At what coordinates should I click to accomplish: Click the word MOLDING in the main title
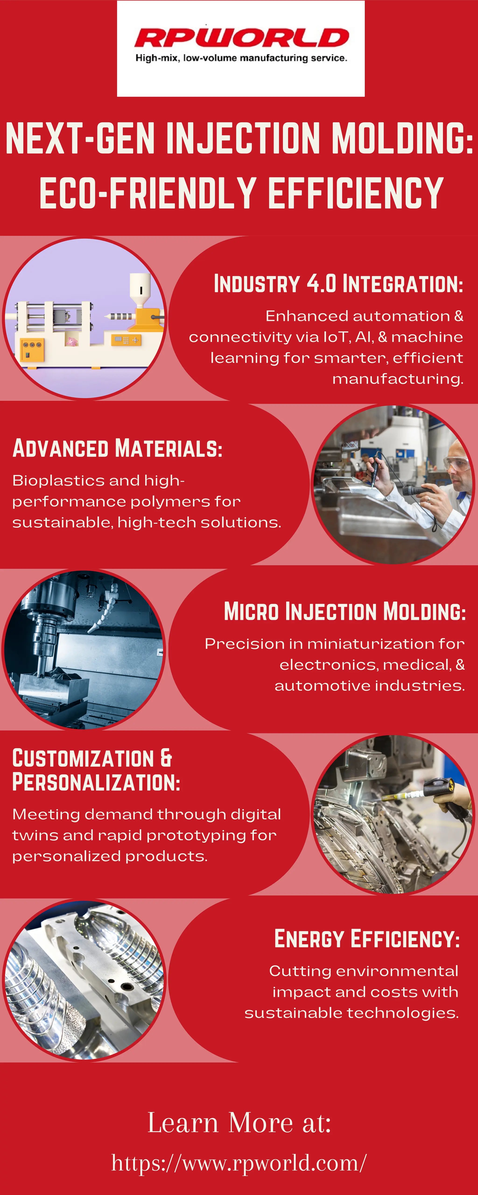point(402,138)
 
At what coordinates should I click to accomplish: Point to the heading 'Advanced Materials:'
point(117,449)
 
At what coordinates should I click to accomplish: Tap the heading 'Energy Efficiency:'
point(367,939)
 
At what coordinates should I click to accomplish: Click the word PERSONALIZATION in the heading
point(96,783)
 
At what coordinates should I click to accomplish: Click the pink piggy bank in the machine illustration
point(71,342)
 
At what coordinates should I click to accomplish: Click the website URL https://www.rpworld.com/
point(239,1163)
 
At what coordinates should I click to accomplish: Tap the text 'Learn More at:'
point(239,1123)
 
